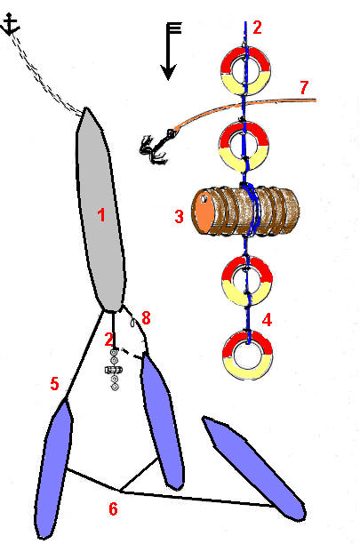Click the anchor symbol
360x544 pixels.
click(x=10, y=24)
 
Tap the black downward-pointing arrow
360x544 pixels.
click(x=170, y=52)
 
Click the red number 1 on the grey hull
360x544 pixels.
click(x=101, y=215)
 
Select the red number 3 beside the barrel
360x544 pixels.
click(x=179, y=217)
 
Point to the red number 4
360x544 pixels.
click(x=267, y=320)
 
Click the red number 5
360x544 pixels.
click(x=54, y=384)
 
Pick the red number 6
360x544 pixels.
click(x=113, y=509)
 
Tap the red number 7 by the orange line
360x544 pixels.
click(x=304, y=87)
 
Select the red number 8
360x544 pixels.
click(x=146, y=318)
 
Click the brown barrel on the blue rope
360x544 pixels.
click(x=246, y=211)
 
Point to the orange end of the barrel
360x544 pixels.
click(x=204, y=213)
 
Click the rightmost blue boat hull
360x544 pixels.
click(x=255, y=468)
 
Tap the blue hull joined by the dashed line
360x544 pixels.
click(x=162, y=421)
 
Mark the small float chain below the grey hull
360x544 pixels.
click(x=114, y=370)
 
